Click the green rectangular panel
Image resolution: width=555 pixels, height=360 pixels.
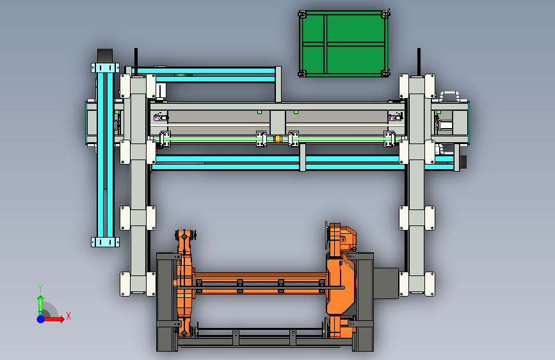(343, 44)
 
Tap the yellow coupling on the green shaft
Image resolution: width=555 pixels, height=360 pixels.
(278, 139)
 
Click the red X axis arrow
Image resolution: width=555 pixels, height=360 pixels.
(54, 319)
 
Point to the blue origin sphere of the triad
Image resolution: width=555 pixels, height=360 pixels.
(41, 319)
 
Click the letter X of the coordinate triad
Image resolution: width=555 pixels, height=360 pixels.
(68, 316)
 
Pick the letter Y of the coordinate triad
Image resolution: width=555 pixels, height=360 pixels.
(40, 288)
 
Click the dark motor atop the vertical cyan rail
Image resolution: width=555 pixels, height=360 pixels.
(105, 56)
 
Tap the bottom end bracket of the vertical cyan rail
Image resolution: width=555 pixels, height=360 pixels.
(105, 242)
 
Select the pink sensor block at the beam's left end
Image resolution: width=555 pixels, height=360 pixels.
(160, 117)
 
